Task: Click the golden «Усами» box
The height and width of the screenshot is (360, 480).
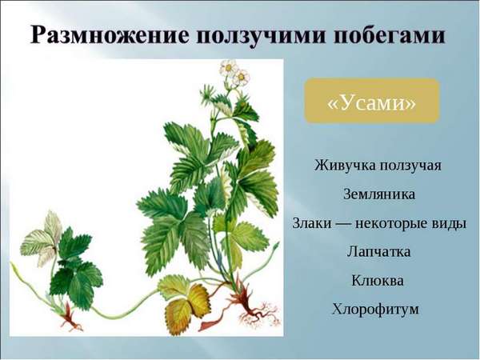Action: pos(372,101)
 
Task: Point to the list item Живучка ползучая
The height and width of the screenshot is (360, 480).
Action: pos(378,166)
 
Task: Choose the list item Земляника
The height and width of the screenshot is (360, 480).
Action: pos(379,194)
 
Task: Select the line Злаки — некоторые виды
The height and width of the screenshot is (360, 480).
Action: pos(379,223)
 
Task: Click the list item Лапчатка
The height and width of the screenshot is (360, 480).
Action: pos(378,252)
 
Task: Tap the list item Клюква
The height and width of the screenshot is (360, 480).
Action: pos(378,281)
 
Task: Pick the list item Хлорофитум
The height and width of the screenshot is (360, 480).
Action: pos(376,309)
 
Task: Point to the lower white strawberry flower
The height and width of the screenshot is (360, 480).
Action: pos(242,78)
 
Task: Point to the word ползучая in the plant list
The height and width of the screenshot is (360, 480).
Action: pos(410,166)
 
